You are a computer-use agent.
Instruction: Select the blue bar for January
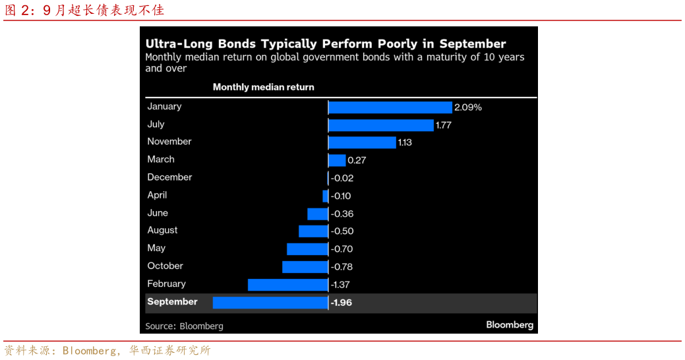click(x=390, y=107)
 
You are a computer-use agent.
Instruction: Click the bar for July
click(x=380, y=125)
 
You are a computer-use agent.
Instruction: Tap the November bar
click(x=362, y=142)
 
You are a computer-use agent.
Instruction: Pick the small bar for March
click(x=337, y=160)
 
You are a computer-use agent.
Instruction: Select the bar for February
click(x=287, y=284)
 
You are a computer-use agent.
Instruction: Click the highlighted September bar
click(x=270, y=303)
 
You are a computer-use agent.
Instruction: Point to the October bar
click(x=305, y=266)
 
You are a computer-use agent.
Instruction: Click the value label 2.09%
click(x=468, y=107)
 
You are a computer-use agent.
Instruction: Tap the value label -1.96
click(x=342, y=303)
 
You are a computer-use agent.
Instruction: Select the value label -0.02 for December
click(x=342, y=178)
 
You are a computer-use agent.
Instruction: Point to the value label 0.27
click(x=357, y=160)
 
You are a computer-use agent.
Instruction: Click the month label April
click(x=157, y=195)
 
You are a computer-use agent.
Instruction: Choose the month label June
click(x=158, y=213)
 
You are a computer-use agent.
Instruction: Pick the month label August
click(x=162, y=230)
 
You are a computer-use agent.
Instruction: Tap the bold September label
click(x=172, y=302)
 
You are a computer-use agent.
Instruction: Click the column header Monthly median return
click(x=263, y=87)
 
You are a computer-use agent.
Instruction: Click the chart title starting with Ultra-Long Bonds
click(x=325, y=44)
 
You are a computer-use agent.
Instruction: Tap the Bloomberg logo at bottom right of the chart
click(x=510, y=324)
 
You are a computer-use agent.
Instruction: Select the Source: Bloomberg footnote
click(x=184, y=326)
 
